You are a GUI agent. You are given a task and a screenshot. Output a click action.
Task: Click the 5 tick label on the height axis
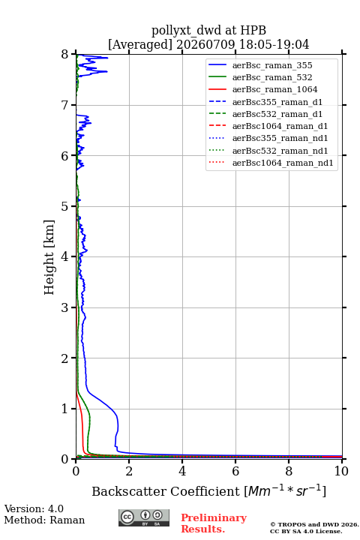64,206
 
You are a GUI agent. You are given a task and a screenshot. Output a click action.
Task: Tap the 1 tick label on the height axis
64,409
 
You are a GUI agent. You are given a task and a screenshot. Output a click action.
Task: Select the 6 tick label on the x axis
235,471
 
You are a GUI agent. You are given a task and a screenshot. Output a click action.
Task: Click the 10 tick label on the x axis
341,471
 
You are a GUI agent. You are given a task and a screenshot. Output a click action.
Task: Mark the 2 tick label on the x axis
129,471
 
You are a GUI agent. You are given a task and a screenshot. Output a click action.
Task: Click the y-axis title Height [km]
49,257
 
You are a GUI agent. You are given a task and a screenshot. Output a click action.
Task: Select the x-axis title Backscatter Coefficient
165,491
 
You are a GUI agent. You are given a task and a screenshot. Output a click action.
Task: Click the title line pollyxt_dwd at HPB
208,31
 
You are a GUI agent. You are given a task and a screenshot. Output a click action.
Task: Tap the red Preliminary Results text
214,523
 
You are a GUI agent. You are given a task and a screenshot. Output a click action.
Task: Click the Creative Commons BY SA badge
144,517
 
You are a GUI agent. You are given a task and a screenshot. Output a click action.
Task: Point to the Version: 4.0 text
34,508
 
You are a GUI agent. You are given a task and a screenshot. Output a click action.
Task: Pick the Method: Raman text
44,520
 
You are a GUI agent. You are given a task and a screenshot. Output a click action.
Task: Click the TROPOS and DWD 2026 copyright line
314,524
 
